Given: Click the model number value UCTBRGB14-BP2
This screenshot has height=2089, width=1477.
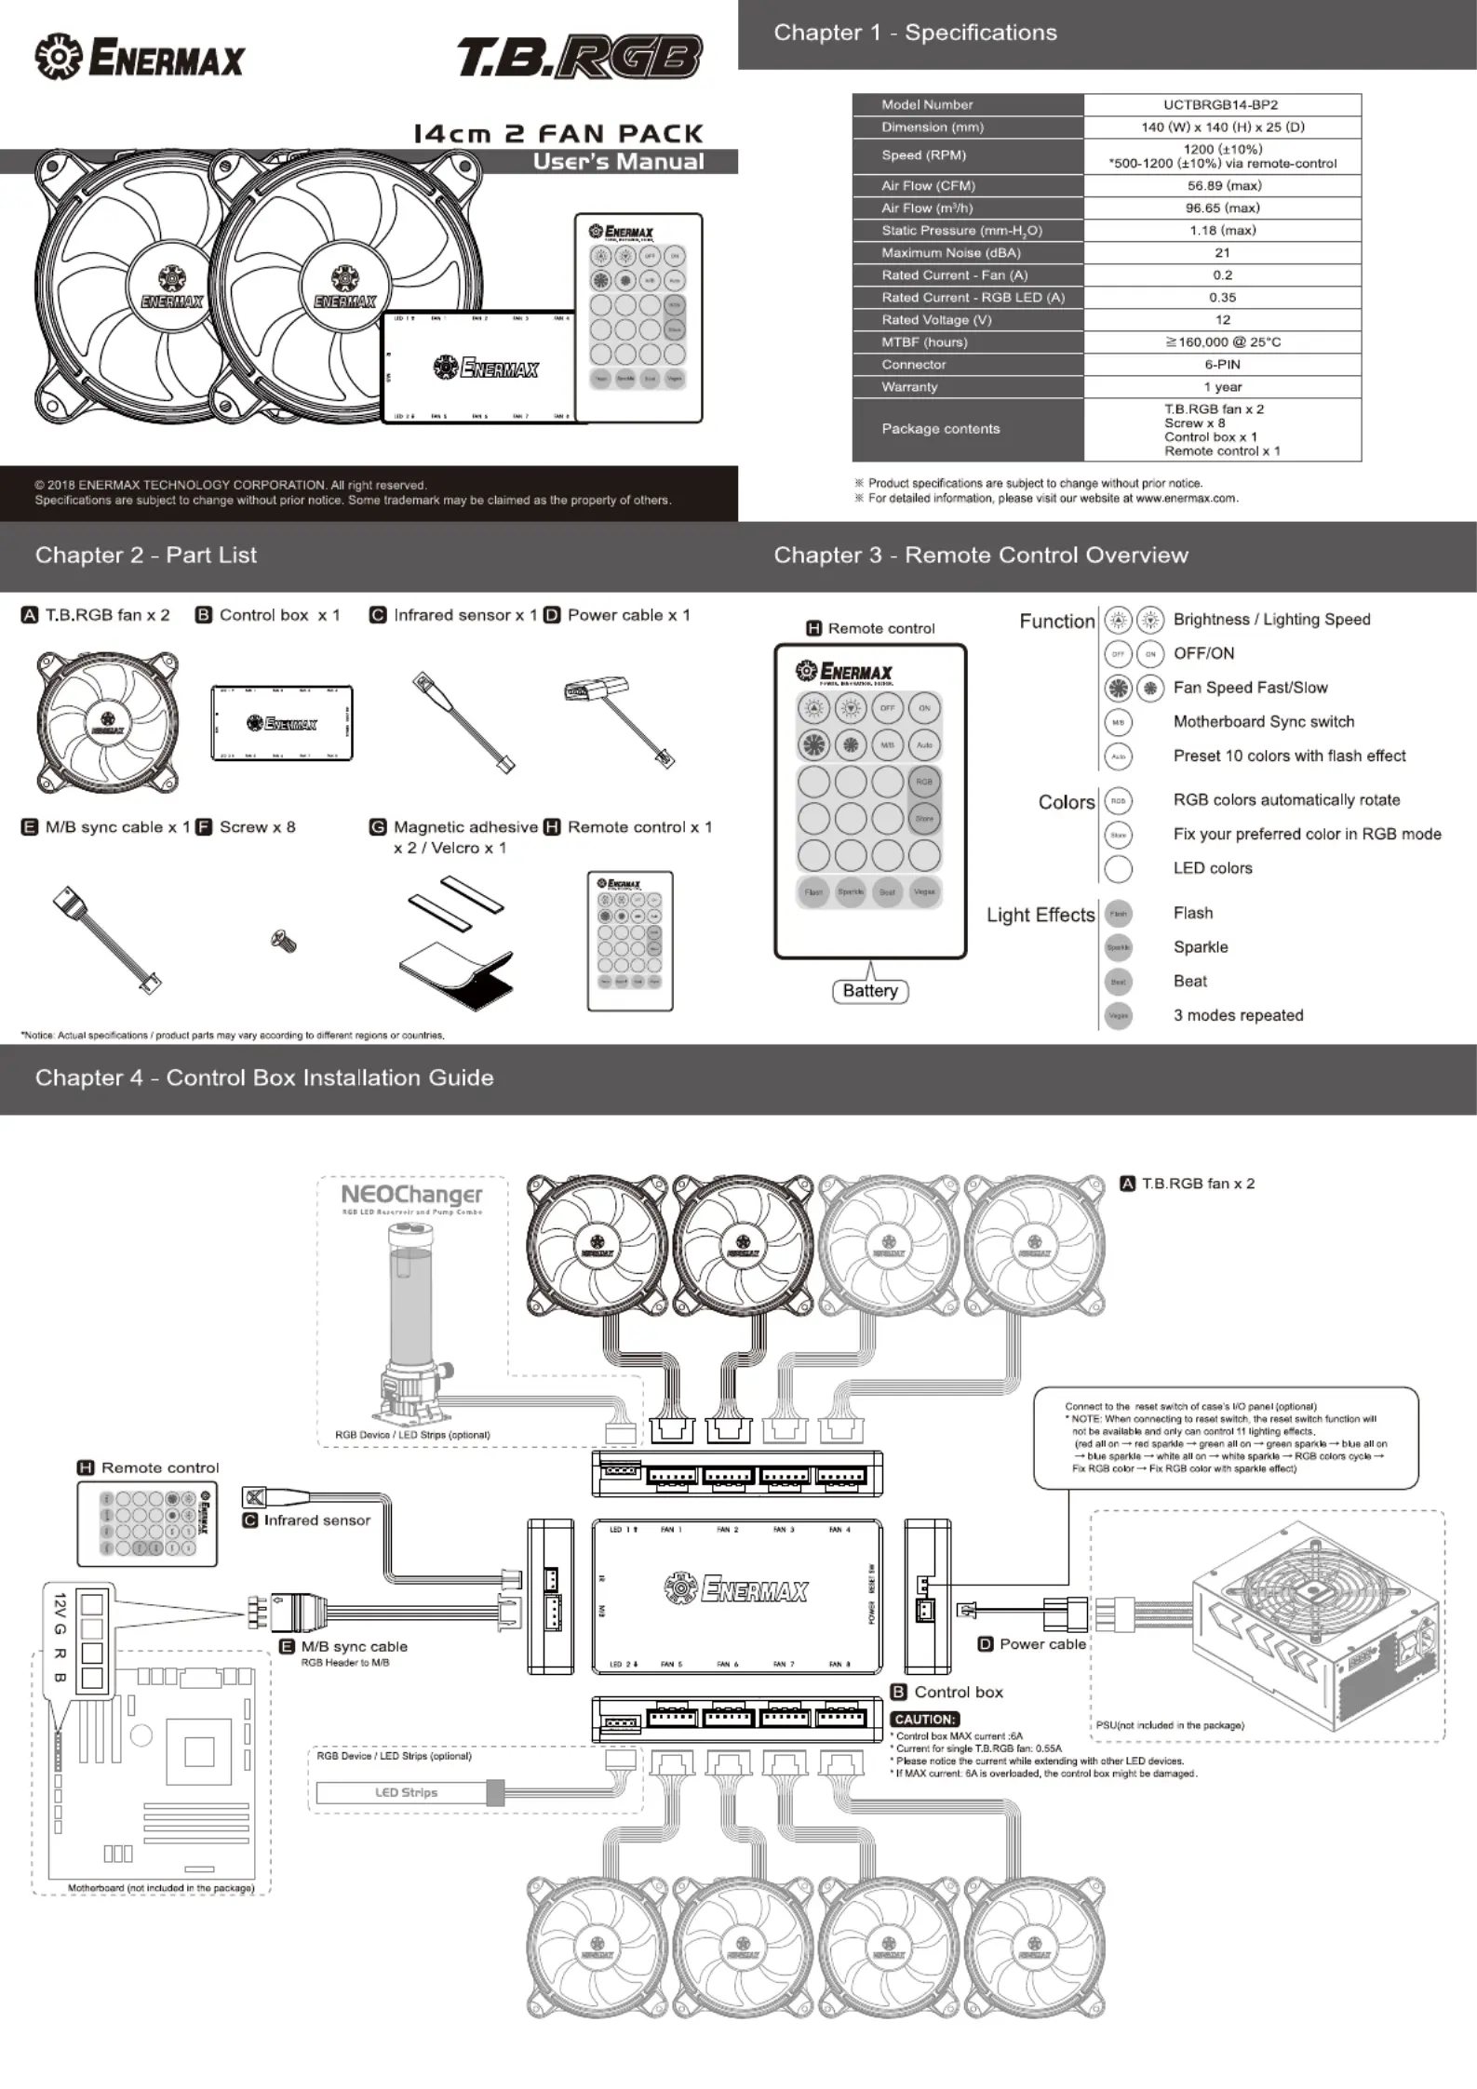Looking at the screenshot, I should (x=1221, y=105).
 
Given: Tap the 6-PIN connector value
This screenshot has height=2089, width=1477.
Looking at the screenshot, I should (x=1222, y=365).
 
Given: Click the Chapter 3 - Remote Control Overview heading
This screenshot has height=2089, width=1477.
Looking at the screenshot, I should (x=980, y=556).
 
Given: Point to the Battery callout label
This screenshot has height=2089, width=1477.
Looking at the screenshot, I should (x=870, y=991).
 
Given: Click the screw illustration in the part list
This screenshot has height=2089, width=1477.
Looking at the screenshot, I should (x=284, y=942).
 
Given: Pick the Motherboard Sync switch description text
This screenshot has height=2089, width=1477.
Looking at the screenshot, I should (x=1263, y=722).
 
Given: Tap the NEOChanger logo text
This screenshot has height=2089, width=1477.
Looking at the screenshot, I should (x=411, y=1195).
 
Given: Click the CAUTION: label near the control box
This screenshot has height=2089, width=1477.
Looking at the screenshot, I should (x=924, y=1720).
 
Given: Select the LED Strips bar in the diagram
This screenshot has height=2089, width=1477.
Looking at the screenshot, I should (x=405, y=1793).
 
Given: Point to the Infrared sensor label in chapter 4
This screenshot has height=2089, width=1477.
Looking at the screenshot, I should (x=316, y=1520).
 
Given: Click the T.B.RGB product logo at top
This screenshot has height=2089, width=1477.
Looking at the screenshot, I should (x=579, y=58).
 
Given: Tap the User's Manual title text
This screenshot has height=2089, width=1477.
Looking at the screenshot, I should (x=618, y=162).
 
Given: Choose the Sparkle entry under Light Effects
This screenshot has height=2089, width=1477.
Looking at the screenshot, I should (x=1200, y=947).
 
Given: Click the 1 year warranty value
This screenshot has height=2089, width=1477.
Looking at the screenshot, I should (x=1222, y=387).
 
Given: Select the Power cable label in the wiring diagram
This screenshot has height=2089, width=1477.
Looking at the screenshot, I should (x=1042, y=1644).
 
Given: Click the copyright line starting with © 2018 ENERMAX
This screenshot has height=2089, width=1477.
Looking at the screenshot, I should (x=231, y=485).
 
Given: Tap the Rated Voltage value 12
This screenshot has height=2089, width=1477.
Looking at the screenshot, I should (x=1222, y=320).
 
